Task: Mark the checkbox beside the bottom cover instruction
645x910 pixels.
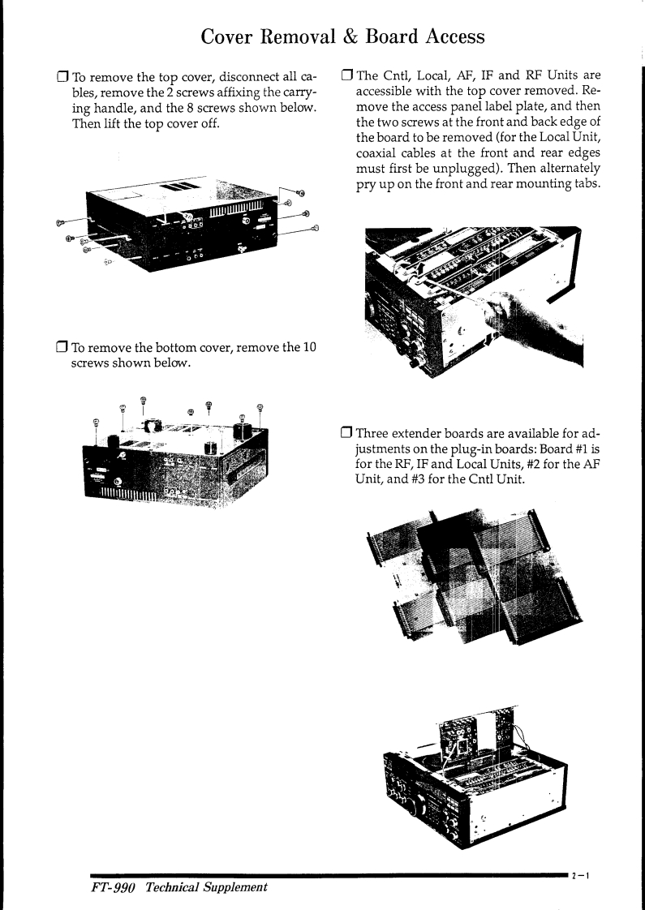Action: pos(60,349)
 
